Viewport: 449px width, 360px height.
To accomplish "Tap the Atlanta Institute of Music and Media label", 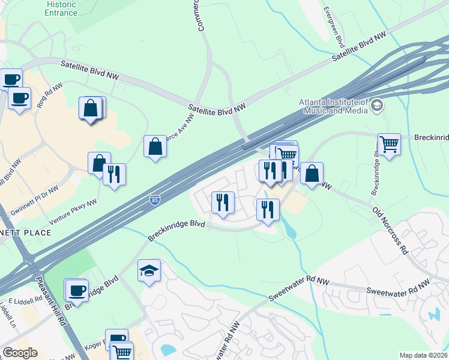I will click(334, 106).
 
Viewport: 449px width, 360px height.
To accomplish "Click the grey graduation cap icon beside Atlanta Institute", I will click(376, 106).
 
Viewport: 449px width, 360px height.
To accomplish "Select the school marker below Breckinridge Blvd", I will click(149, 271).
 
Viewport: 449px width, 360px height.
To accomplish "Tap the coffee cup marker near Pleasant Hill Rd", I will click(76, 290).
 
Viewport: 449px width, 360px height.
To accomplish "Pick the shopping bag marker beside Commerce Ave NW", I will click(155, 146).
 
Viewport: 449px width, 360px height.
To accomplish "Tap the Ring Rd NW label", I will click(49, 95).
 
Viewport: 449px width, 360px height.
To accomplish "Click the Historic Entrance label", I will click(61, 8).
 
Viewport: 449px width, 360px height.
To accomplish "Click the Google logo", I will click(20, 353).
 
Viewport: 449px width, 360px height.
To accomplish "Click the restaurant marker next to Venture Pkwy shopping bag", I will click(114, 175).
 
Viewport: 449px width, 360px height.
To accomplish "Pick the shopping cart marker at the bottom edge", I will click(122, 352).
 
